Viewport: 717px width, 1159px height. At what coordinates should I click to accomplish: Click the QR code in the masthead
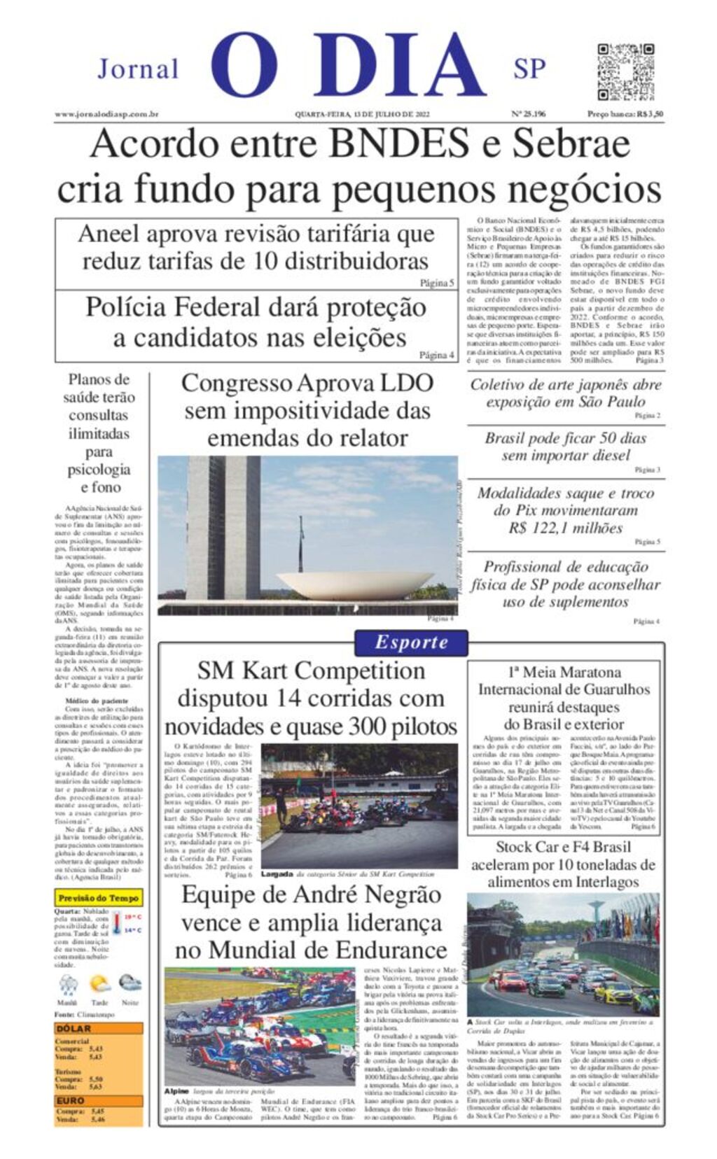(x=625, y=72)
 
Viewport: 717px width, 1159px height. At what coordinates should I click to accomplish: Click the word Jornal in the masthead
(x=138, y=69)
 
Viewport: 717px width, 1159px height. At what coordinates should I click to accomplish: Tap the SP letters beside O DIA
(x=529, y=69)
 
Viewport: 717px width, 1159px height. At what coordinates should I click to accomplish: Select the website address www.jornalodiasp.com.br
(x=106, y=114)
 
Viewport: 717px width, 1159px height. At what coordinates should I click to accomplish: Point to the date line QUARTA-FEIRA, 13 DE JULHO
(x=361, y=114)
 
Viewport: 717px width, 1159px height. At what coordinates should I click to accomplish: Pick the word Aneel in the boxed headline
(x=109, y=234)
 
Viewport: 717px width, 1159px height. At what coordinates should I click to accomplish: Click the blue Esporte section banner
(x=411, y=642)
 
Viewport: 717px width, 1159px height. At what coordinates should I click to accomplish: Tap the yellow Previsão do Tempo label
(x=98, y=898)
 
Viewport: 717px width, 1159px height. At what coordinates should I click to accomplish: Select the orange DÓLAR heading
(x=74, y=1029)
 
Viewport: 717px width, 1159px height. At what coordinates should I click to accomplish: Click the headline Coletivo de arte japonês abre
(x=565, y=384)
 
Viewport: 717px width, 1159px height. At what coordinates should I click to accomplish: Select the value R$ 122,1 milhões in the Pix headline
(x=565, y=528)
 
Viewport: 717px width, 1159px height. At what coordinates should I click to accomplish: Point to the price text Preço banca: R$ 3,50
(x=625, y=114)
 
